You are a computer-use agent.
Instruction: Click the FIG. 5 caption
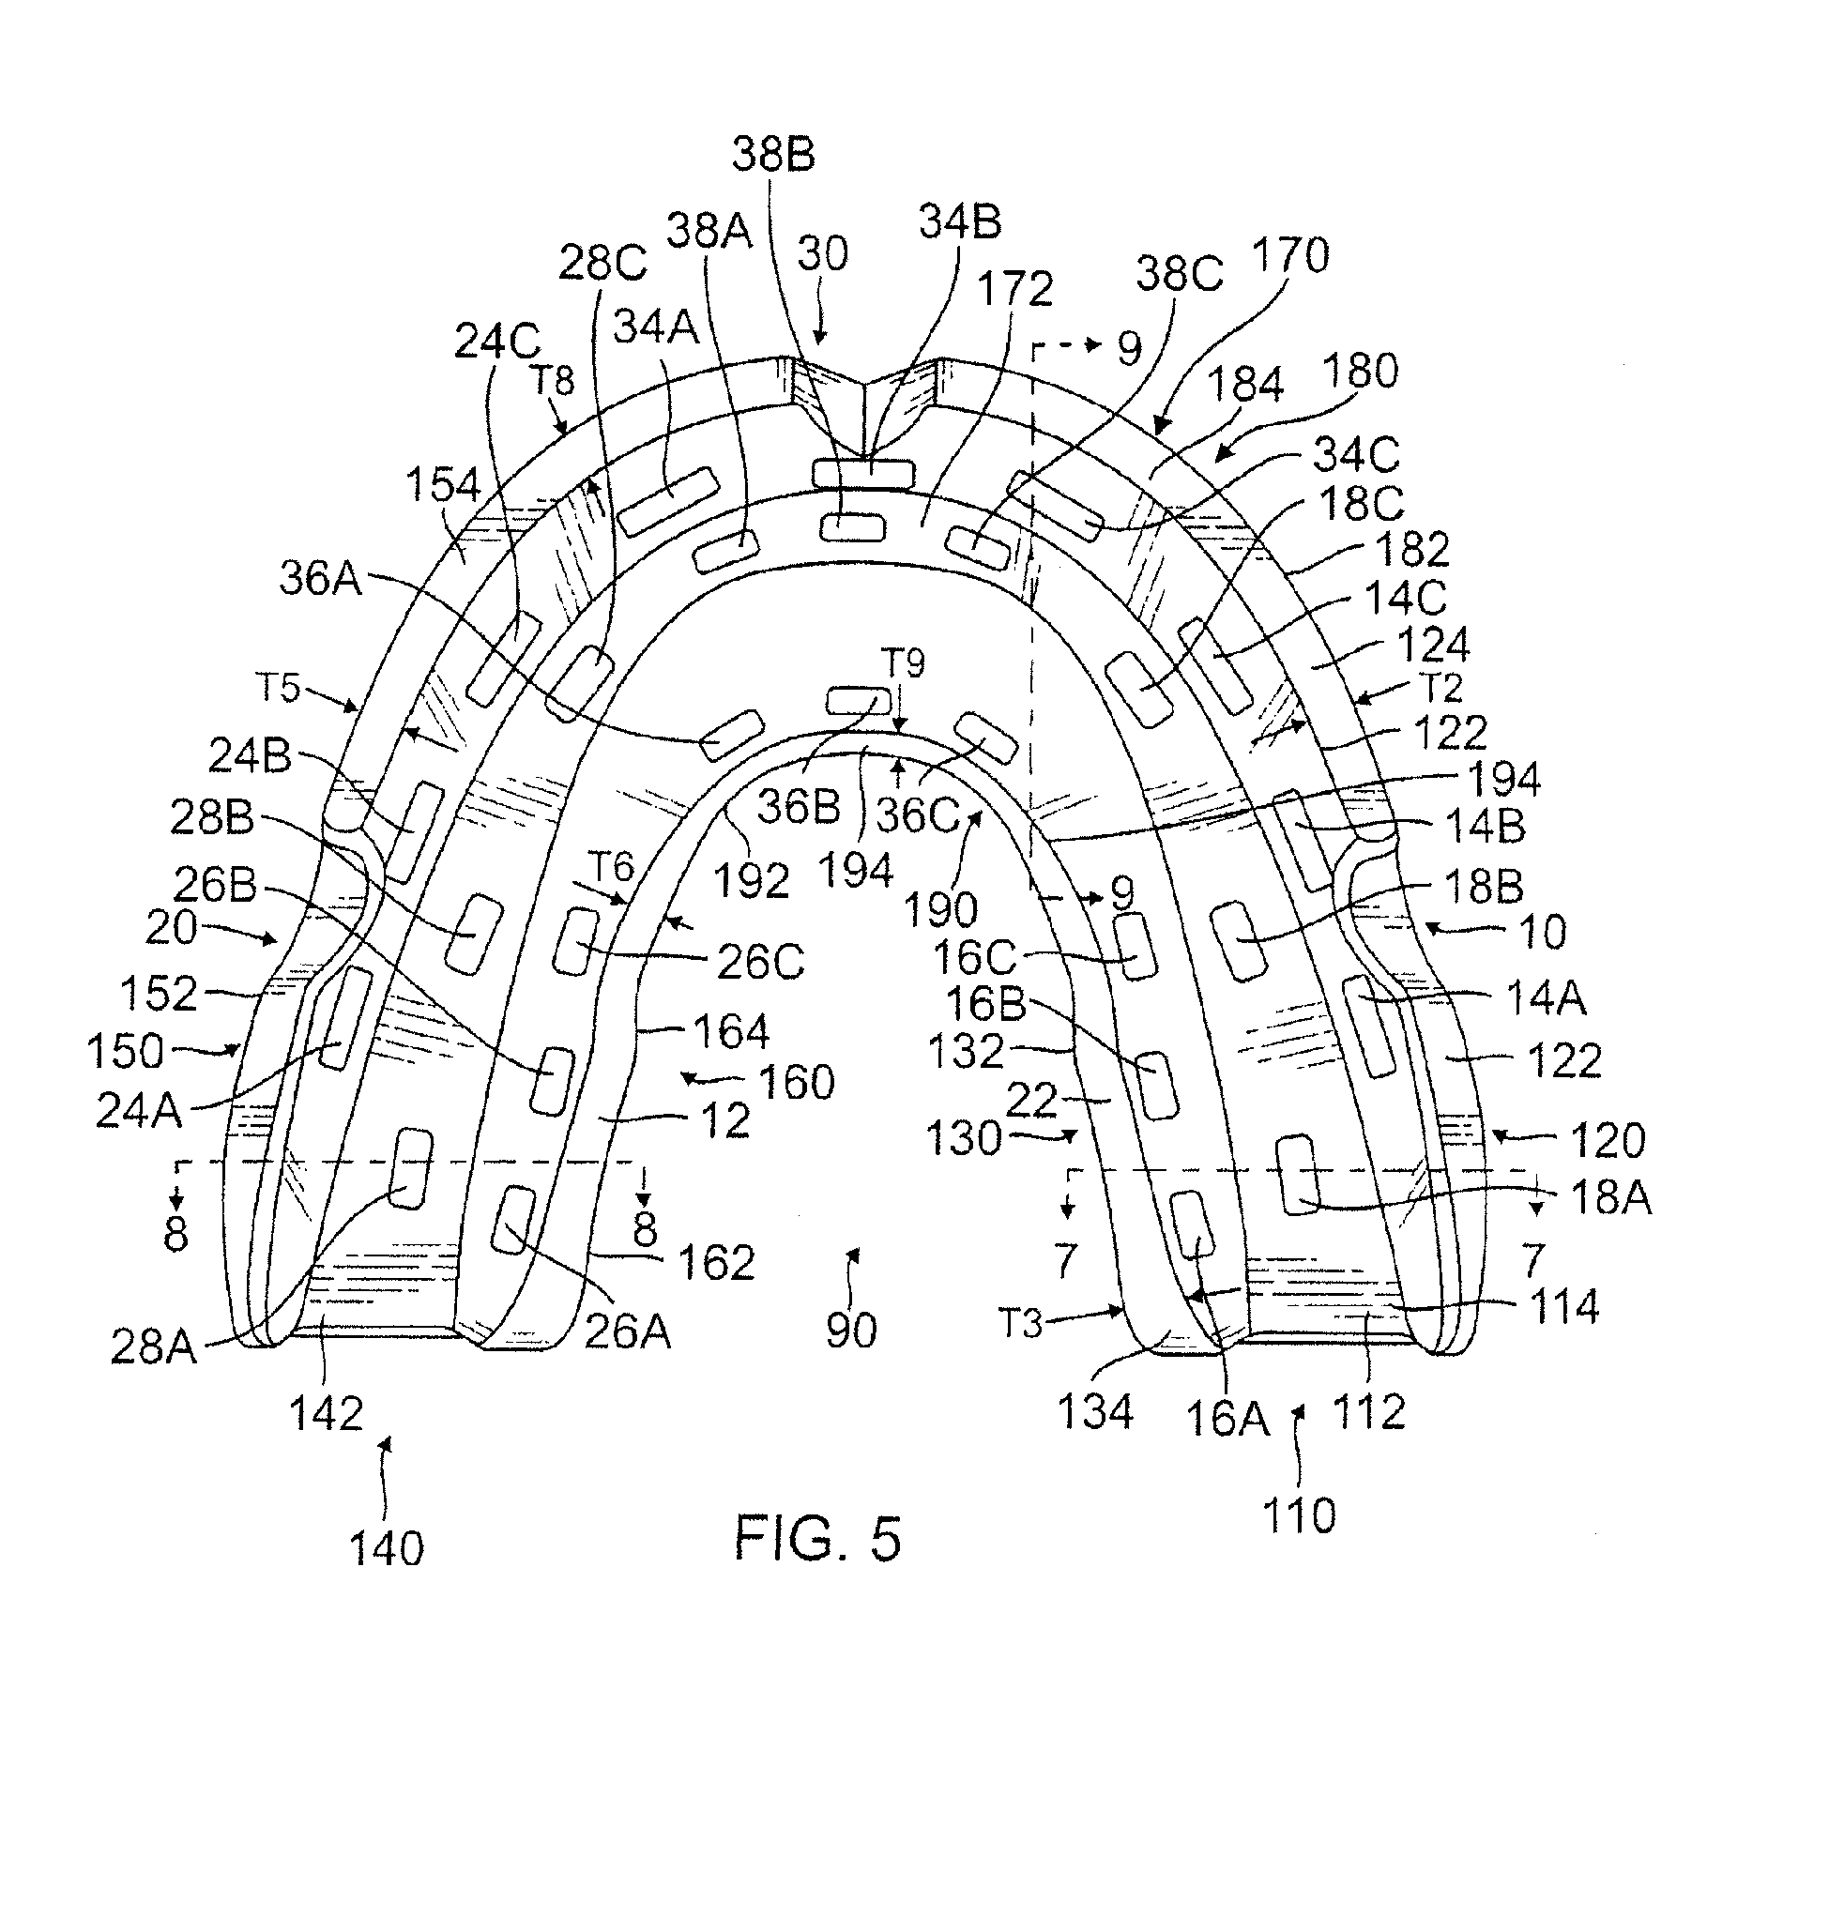(x=818, y=1539)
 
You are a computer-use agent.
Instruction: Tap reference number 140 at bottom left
(x=387, y=1546)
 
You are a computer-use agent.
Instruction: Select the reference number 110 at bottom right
(x=1299, y=1516)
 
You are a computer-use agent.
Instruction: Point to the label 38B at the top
(x=773, y=154)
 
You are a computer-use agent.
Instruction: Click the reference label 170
(x=1289, y=256)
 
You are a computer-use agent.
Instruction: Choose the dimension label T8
(x=552, y=381)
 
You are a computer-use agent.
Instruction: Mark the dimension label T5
(x=278, y=688)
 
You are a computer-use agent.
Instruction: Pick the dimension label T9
(x=903, y=663)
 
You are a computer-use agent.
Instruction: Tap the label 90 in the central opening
(x=851, y=1331)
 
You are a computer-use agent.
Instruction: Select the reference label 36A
(x=321, y=579)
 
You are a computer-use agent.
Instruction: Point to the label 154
(x=444, y=484)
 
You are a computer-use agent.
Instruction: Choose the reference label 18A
(x=1610, y=1197)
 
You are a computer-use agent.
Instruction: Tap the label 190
(x=941, y=910)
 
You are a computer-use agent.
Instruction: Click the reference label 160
(x=797, y=1082)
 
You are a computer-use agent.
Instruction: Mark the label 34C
(x=1356, y=454)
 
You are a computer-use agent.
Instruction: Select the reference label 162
(x=716, y=1262)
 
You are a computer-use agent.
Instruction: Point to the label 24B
(x=250, y=755)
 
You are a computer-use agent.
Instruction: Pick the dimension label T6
(x=610, y=865)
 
